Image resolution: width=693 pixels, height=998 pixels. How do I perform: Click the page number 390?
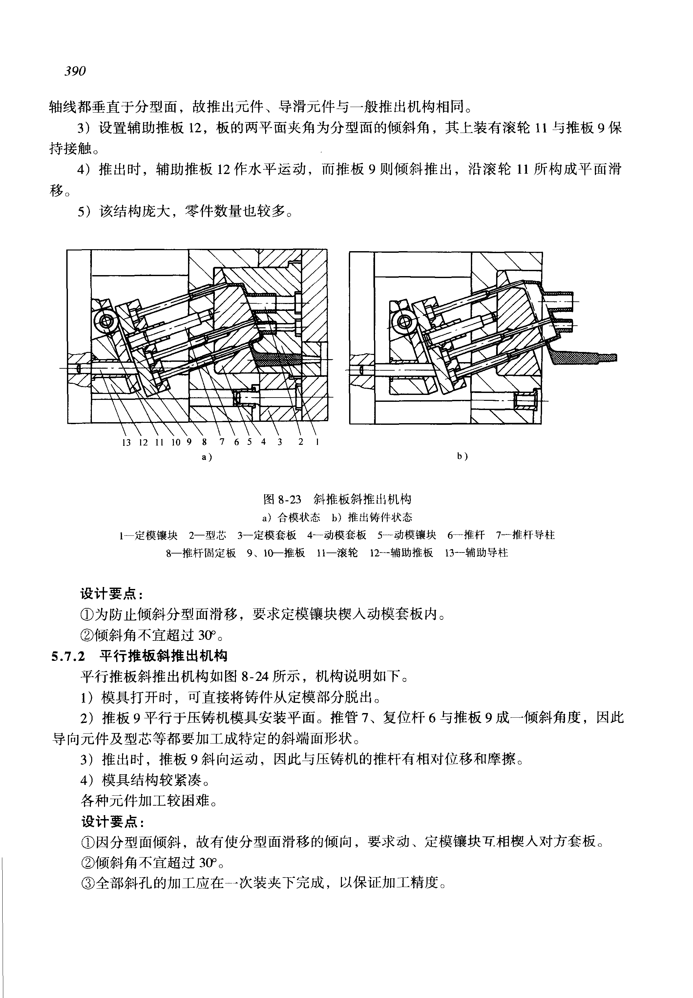point(75,71)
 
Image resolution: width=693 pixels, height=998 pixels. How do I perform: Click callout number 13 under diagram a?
point(126,442)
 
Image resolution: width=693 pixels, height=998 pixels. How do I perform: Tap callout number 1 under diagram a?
point(317,442)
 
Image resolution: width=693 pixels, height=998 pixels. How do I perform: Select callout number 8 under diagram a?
point(204,442)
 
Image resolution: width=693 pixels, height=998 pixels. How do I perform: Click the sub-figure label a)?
point(207,457)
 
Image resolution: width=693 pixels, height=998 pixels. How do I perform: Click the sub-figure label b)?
point(462,456)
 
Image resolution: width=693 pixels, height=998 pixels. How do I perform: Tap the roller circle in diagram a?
point(106,321)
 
